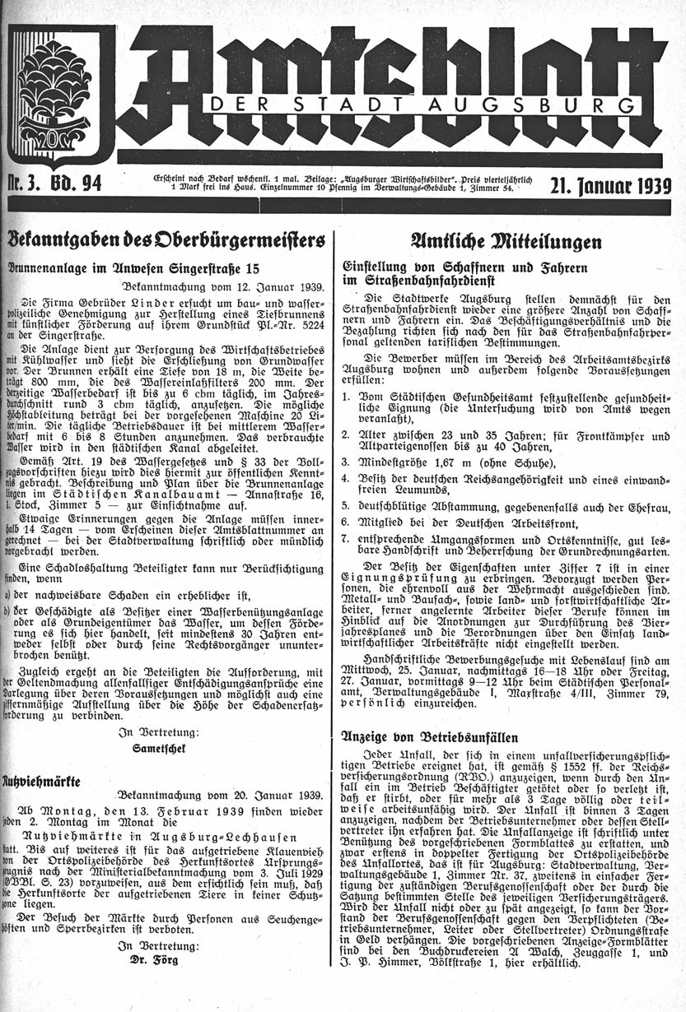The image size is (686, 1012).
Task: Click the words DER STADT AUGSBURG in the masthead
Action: (422, 104)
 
